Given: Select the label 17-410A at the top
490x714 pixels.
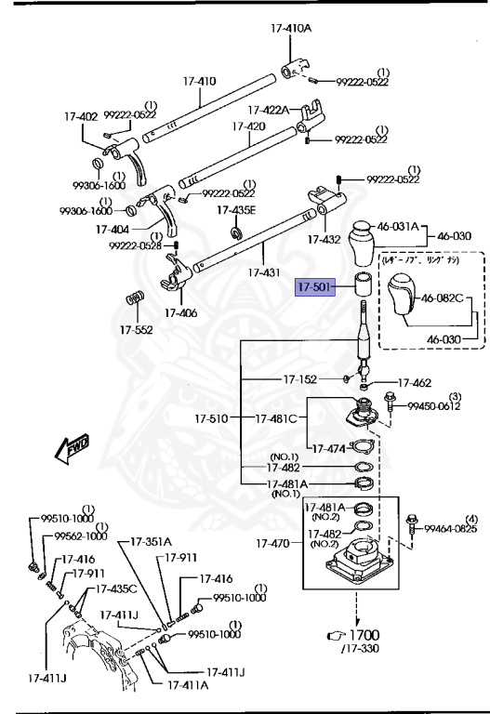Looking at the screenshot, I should (291, 29).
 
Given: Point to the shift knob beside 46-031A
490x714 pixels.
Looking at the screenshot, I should (363, 245).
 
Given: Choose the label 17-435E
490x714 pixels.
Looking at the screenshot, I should (236, 210).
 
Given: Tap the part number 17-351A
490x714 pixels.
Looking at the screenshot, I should (151, 541).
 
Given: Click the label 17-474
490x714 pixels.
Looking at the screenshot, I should (331, 448).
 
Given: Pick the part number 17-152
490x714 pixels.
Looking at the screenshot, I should (300, 379).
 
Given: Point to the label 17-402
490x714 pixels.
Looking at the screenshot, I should (81, 117).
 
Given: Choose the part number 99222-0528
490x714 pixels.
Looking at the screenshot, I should (133, 245).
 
